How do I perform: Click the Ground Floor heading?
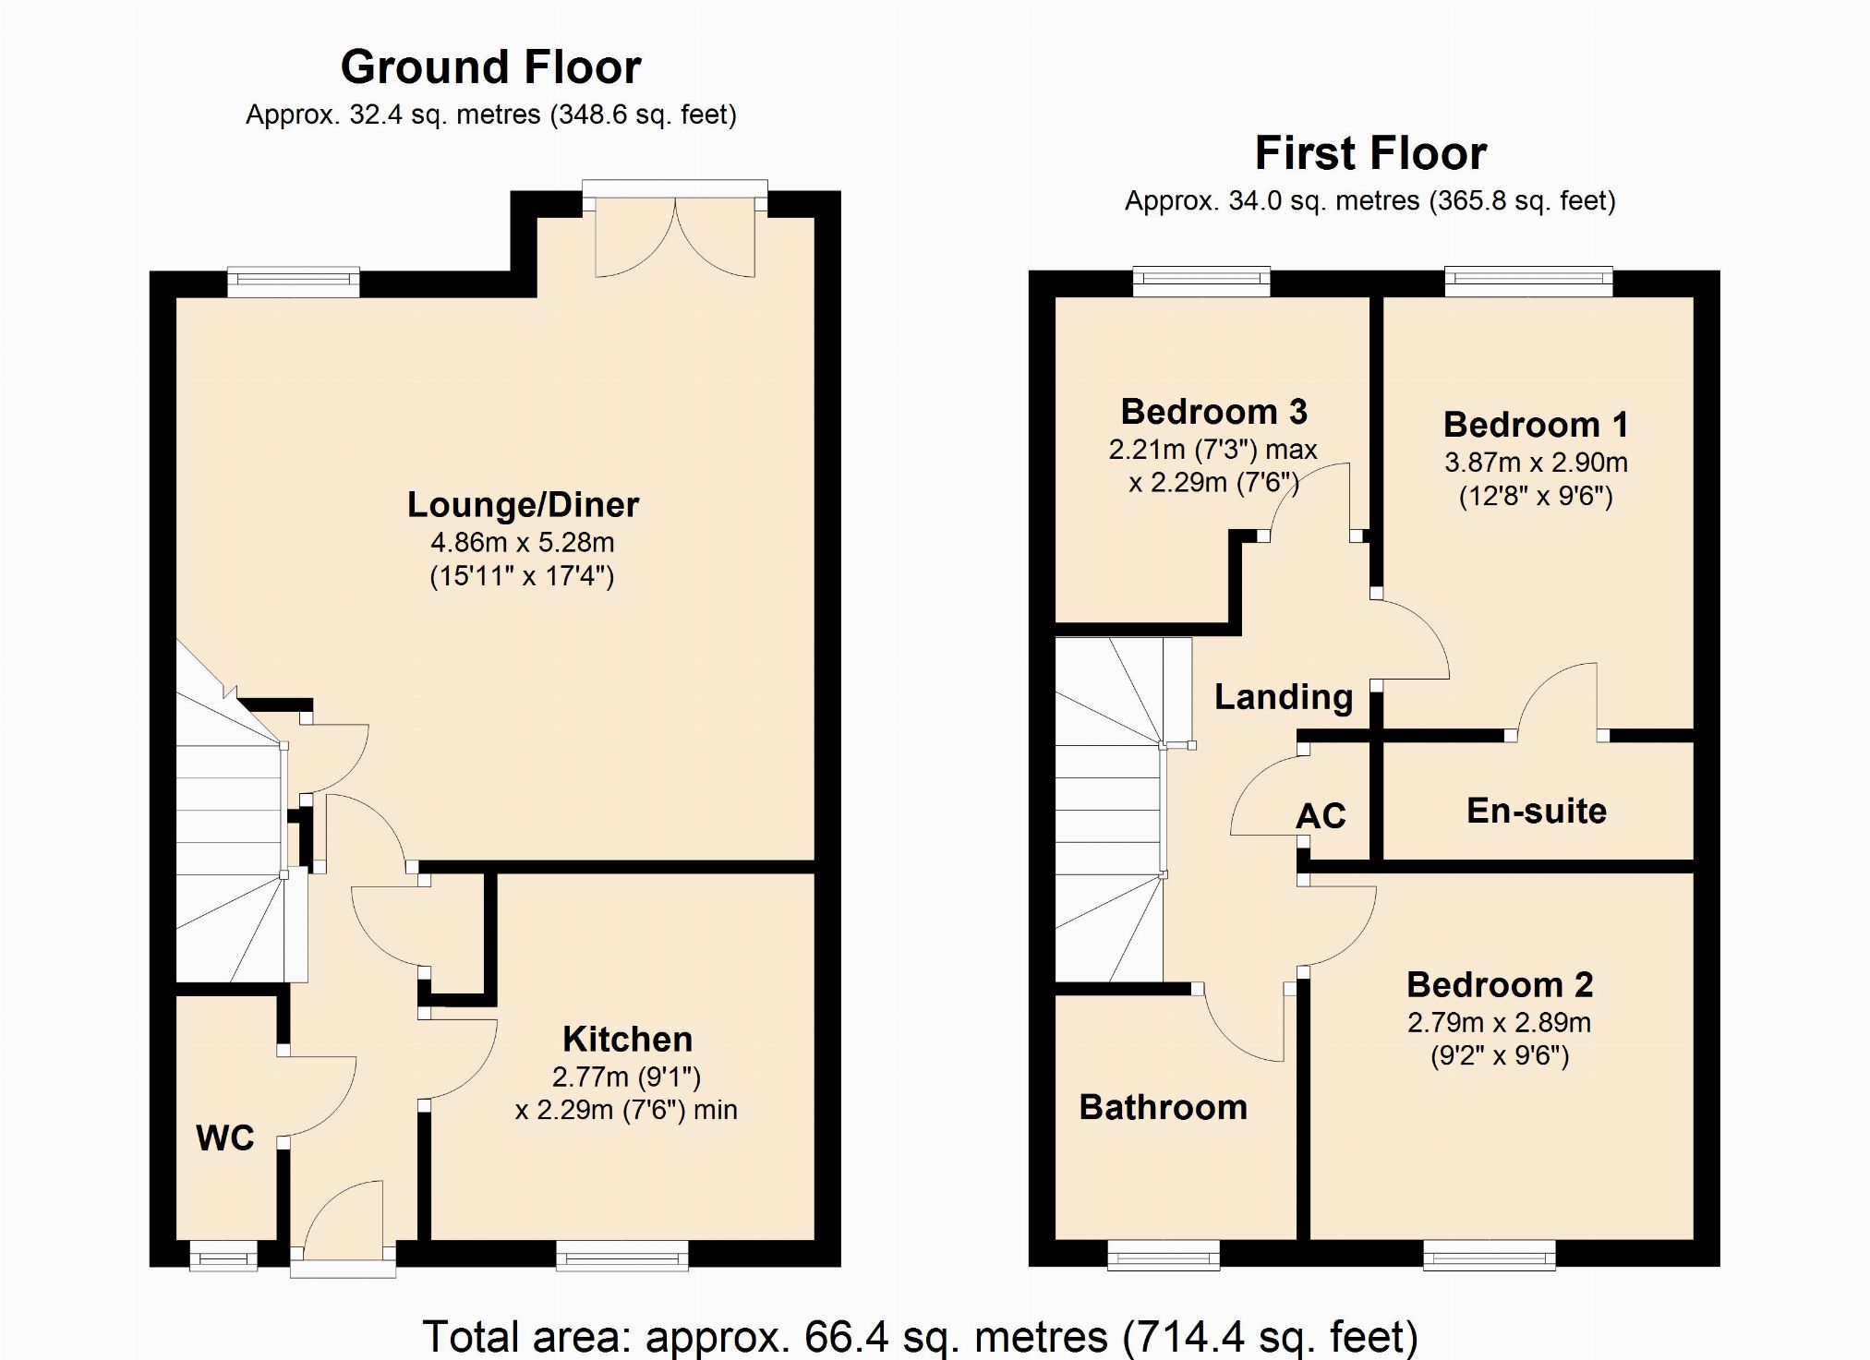pyautogui.click(x=491, y=66)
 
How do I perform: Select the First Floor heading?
pyautogui.click(x=1370, y=152)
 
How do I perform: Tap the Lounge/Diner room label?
pyautogui.click(x=523, y=504)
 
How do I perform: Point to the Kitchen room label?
pyautogui.click(x=627, y=1039)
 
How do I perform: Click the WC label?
pyautogui.click(x=224, y=1137)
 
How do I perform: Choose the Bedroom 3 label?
pyautogui.click(x=1213, y=411)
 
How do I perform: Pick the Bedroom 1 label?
pyautogui.click(x=1536, y=424)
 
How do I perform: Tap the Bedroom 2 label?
pyautogui.click(x=1500, y=984)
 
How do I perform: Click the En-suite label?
pyautogui.click(x=1537, y=810)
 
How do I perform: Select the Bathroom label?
pyautogui.click(x=1163, y=1106)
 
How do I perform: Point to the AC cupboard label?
pyautogui.click(x=1321, y=815)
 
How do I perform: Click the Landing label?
pyautogui.click(x=1284, y=696)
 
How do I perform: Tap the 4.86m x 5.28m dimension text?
pyautogui.click(x=522, y=542)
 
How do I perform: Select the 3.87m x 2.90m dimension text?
pyautogui.click(x=1536, y=462)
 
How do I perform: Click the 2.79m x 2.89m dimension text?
pyautogui.click(x=1499, y=1022)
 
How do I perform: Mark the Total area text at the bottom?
pyautogui.click(x=920, y=1335)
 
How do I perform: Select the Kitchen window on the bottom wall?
pyautogui.click(x=621, y=1255)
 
